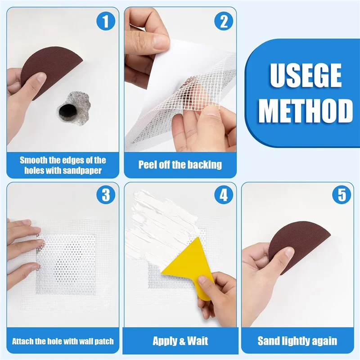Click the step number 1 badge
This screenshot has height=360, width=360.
pyautogui.click(x=106, y=21)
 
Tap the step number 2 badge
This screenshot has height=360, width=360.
pyautogui.click(x=223, y=21)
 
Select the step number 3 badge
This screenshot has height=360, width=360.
pyautogui.click(x=106, y=195)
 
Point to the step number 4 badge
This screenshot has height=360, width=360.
pyautogui.click(x=223, y=195)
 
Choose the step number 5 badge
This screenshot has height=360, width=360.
pyautogui.click(x=341, y=195)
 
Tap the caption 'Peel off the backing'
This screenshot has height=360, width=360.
pyautogui.click(x=180, y=165)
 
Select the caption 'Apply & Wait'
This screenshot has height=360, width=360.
pyautogui.click(x=180, y=341)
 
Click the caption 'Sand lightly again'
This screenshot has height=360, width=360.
pyautogui.click(x=297, y=341)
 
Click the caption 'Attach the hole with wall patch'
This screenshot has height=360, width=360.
pyautogui.click(x=63, y=341)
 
